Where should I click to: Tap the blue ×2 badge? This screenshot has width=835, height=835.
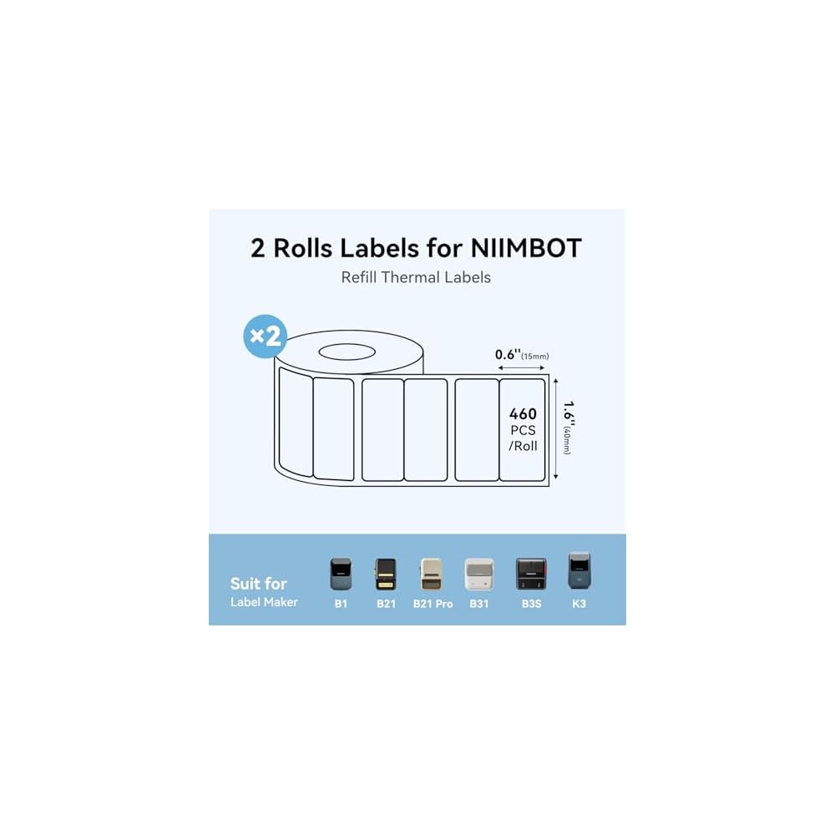(266, 337)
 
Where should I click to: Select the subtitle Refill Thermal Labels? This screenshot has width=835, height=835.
(416, 277)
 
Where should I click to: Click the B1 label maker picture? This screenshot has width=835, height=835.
(341, 574)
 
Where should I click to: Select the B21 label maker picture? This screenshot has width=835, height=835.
(386, 574)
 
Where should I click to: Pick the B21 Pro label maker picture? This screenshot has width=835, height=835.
(433, 574)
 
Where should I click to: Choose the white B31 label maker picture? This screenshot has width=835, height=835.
(479, 574)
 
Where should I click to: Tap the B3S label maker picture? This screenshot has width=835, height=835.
(530, 574)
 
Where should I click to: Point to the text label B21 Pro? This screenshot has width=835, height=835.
(433, 603)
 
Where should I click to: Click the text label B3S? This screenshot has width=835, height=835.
(530, 603)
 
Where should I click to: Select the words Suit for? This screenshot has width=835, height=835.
(258, 583)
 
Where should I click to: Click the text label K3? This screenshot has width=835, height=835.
(579, 603)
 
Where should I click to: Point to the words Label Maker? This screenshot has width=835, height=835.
(264, 601)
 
